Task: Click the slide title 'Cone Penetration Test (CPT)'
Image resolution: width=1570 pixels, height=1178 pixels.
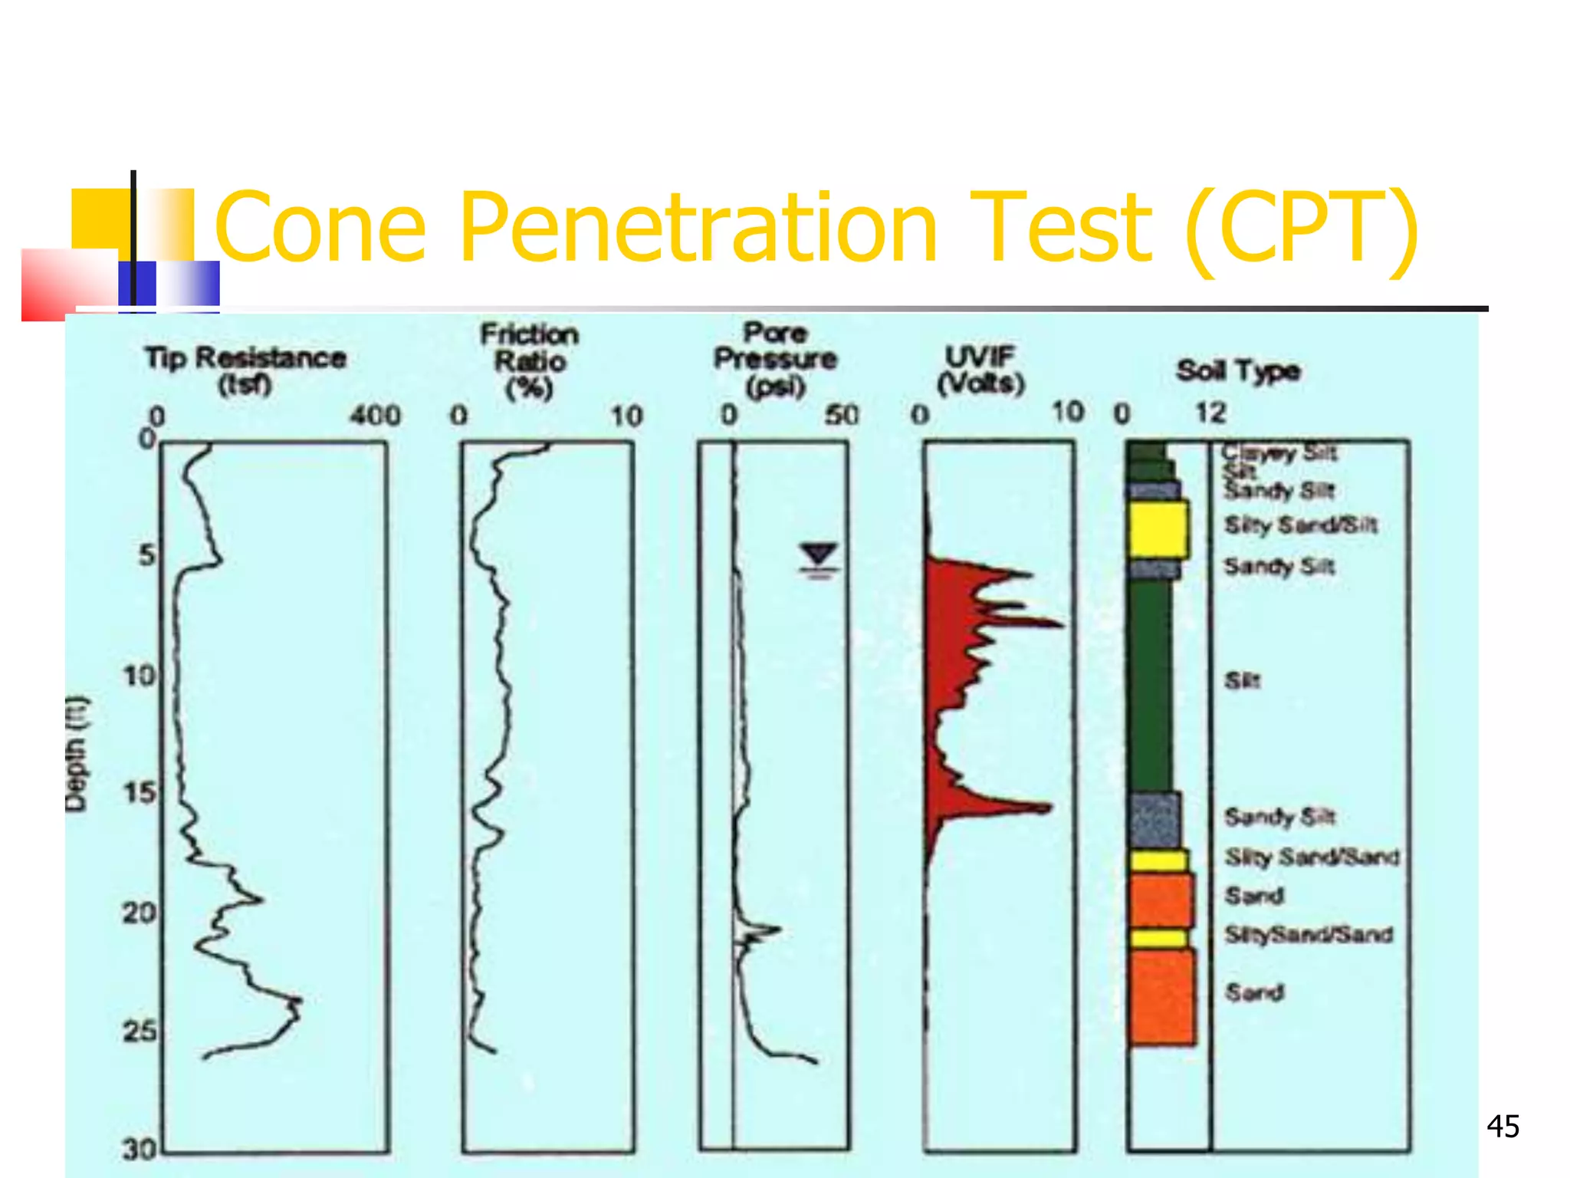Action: pyautogui.click(x=816, y=228)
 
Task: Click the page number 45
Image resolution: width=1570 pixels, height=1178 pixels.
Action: pyautogui.click(x=1502, y=1127)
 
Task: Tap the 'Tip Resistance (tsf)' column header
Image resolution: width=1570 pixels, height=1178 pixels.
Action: pyautogui.click(x=245, y=370)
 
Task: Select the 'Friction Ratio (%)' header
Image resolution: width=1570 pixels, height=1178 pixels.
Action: pyautogui.click(x=529, y=360)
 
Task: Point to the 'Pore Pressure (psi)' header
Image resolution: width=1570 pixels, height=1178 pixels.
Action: pyautogui.click(x=775, y=359)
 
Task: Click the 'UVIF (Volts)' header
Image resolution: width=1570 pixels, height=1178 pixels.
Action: pyautogui.click(x=980, y=369)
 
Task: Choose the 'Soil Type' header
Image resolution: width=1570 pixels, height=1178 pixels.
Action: pyautogui.click(x=1237, y=371)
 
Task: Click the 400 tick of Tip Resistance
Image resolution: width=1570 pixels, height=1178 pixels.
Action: pyautogui.click(x=375, y=416)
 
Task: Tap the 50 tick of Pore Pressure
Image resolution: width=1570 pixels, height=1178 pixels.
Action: pyautogui.click(x=841, y=416)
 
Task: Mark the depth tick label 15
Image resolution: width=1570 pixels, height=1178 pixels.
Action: pyautogui.click(x=140, y=792)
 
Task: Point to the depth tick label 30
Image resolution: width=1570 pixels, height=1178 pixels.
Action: pyautogui.click(x=140, y=1149)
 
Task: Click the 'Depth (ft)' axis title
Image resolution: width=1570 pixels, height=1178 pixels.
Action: pyautogui.click(x=77, y=753)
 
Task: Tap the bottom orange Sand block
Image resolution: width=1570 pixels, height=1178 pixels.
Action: pyautogui.click(x=1162, y=997)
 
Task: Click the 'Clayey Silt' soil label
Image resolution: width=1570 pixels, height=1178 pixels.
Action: pyautogui.click(x=1279, y=452)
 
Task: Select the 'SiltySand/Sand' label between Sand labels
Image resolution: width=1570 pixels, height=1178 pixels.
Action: pyautogui.click(x=1308, y=935)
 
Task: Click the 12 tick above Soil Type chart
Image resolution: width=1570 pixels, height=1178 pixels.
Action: pyautogui.click(x=1210, y=413)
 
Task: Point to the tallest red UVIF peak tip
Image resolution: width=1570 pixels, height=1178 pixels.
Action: pyautogui.click(x=1062, y=625)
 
